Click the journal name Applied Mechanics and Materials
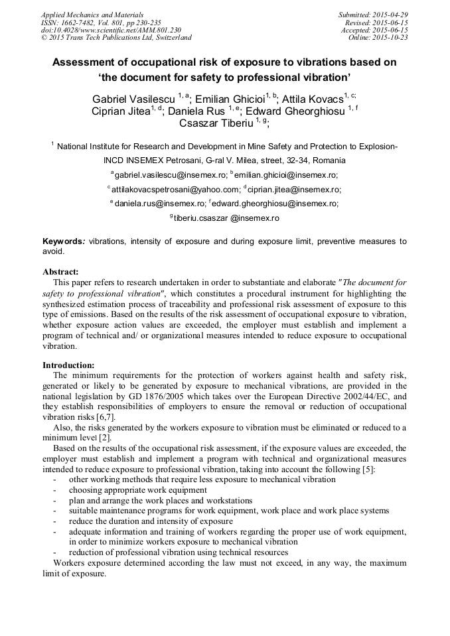tap(92, 15)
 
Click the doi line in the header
tap(110, 30)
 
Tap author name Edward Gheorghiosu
tap(295, 111)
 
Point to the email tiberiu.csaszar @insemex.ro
tap(226, 218)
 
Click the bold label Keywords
tap(63, 241)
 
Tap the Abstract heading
tap(60, 271)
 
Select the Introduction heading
tap(68, 365)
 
